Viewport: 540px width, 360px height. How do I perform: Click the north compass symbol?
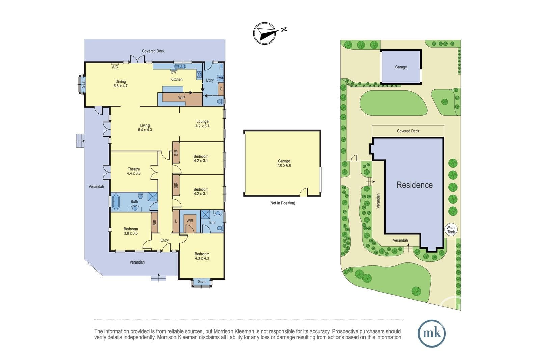coord(265,33)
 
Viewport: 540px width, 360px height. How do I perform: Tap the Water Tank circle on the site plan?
coord(451,230)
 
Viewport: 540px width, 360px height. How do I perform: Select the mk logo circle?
coord(432,333)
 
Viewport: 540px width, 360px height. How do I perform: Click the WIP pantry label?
coord(182,98)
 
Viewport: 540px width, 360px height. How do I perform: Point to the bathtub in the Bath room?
coord(116,201)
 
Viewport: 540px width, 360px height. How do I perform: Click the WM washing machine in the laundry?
coord(221,78)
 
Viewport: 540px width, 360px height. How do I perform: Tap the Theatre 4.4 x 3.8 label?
coord(134,171)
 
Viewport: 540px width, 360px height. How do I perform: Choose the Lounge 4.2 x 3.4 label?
coord(202,123)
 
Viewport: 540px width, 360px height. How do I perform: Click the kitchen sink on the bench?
coord(180,66)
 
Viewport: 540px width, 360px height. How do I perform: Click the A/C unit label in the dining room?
coord(115,67)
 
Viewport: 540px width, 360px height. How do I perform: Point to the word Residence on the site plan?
coord(415,185)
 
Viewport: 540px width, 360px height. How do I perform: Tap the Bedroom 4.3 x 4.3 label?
coord(202,256)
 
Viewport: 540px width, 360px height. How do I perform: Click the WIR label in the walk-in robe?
coord(190,221)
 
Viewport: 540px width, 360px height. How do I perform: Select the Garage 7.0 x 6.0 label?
coord(284,163)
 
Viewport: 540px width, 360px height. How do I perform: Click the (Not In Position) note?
coord(282,203)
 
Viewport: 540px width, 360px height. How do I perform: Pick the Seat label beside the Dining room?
coord(83,84)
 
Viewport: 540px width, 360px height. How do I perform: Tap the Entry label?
coord(165,240)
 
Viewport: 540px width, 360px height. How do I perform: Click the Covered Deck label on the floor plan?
coord(153,51)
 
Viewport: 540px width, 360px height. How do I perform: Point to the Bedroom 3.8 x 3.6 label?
coord(131,231)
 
